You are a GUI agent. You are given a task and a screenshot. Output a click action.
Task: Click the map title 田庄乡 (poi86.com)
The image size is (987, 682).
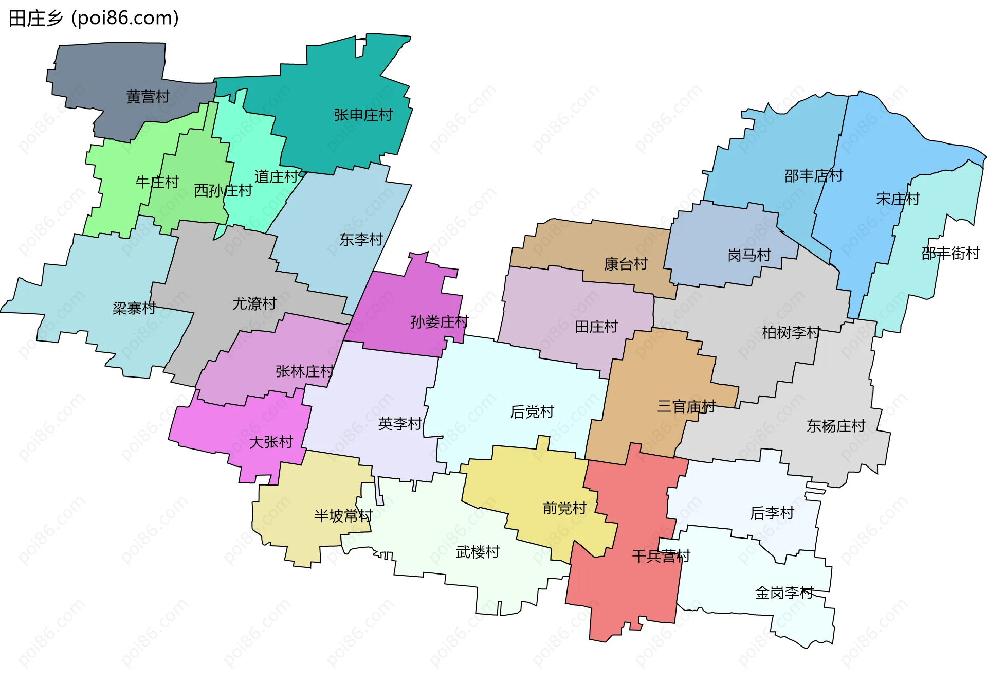(94, 19)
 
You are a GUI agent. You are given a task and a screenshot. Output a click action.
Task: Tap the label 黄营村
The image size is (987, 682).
(148, 97)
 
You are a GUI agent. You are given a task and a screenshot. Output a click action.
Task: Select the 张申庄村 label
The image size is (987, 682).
(363, 115)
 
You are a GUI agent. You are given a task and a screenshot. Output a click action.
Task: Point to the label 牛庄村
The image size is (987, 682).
(157, 182)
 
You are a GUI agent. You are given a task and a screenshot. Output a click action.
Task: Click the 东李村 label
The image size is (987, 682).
(361, 240)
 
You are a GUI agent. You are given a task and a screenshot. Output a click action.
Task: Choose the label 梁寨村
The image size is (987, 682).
(134, 308)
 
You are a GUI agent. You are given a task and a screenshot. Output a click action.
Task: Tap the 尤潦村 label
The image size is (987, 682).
(254, 304)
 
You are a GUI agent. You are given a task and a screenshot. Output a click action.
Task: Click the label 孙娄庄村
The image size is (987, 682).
(440, 322)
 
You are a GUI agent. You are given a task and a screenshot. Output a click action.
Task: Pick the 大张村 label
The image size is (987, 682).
(271, 442)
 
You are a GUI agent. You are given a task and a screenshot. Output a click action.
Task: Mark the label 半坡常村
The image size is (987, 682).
(343, 516)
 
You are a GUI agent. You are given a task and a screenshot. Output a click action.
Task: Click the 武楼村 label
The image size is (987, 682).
(478, 552)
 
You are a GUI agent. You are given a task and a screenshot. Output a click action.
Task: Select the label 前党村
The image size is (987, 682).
(564, 509)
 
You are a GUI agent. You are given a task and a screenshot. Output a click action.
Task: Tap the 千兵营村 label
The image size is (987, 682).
(661, 556)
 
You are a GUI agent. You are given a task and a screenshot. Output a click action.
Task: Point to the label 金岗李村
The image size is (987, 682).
(784, 593)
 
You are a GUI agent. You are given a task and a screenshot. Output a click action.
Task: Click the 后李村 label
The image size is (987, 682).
(772, 513)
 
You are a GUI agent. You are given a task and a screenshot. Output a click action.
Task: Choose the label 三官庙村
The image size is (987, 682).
(686, 407)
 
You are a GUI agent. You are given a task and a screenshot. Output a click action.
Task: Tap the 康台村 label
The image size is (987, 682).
(626, 264)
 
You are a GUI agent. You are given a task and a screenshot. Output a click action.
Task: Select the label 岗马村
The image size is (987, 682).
(749, 255)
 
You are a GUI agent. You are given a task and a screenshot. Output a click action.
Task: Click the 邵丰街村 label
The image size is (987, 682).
(951, 254)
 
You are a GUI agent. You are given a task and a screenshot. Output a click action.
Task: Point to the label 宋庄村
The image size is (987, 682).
(898, 199)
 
